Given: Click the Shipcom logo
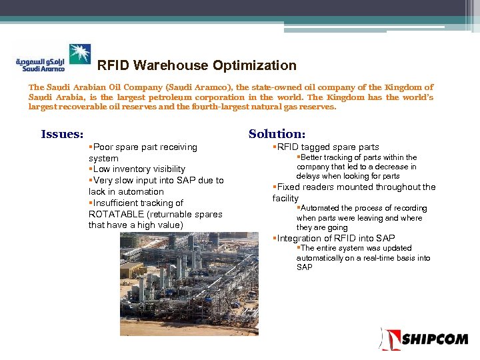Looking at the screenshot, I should [x=424, y=339].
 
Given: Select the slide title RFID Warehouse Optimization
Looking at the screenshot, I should [x=197, y=65].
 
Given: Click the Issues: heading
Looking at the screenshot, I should [x=62, y=134].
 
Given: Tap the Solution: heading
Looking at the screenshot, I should [x=277, y=134].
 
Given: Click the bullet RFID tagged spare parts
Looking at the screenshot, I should [x=327, y=147].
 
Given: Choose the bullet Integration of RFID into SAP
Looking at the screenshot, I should [x=335, y=238].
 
